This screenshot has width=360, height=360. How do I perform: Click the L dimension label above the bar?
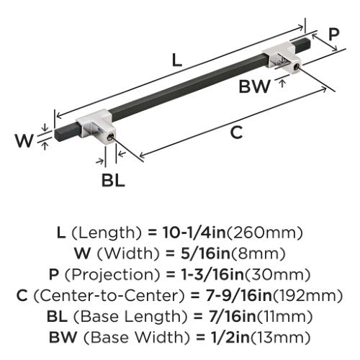coord(177,60)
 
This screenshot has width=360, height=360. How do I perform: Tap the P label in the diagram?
coord(333,34)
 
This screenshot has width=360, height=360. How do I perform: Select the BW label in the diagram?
coord(255,86)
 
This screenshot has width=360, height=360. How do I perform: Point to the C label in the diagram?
coord(236,132)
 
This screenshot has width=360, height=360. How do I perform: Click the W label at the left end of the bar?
coord(24,140)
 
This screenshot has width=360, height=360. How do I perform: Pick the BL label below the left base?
coord(113,181)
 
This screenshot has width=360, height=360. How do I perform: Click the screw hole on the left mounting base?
coord(110,138)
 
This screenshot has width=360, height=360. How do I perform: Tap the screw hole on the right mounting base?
coord(296,66)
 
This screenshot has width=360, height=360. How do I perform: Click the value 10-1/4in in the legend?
coord(194,233)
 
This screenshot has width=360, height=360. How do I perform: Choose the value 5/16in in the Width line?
coord(205,253)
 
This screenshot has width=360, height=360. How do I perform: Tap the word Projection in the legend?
coord(112,275)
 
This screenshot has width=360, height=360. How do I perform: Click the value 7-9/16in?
coord(238,296)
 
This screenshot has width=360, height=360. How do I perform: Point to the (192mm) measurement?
coord(307,296)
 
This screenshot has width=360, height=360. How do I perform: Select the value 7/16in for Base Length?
coord(232,317)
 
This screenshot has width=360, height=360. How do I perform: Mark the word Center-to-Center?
coord(109,296)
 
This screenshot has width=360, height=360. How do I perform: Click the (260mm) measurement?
coord(265,233)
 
